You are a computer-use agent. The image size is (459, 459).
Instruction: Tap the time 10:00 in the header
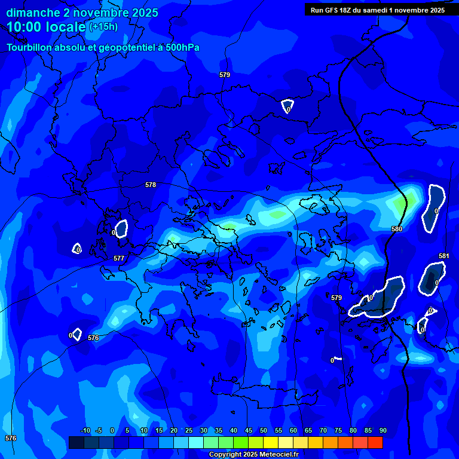point(23,27)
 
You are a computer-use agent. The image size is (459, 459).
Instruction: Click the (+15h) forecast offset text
point(103,26)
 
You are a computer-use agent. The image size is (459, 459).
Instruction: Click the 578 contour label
point(151,185)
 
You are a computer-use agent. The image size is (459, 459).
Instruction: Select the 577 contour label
point(119,258)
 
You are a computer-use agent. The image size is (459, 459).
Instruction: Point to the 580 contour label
point(397,229)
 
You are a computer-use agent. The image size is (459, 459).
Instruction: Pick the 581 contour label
point(443,256)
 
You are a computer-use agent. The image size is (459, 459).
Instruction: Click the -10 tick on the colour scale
point(85,430)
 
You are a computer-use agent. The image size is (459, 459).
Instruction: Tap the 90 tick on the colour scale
point(382,430)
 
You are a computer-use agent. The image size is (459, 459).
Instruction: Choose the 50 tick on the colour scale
point(263,430)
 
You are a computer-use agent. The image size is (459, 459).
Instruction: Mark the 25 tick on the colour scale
point(188,430)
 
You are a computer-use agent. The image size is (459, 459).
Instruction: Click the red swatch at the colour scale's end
point(375,442)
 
